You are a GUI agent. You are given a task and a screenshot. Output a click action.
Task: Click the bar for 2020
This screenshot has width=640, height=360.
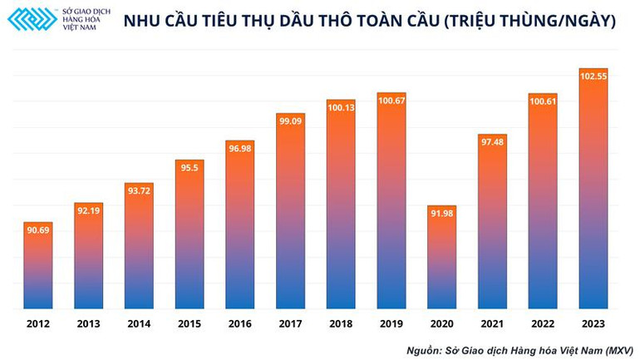441,258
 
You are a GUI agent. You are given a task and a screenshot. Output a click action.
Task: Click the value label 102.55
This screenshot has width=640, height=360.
593,76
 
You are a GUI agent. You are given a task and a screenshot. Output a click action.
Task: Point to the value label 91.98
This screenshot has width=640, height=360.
441,214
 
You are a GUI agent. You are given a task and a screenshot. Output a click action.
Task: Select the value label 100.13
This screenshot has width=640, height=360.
341,107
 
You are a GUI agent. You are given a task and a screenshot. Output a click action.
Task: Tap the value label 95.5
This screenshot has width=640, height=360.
189,167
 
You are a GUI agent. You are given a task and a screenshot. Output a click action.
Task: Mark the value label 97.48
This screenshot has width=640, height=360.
492,141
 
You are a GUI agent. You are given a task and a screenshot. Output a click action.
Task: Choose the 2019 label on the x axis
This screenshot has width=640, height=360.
391,323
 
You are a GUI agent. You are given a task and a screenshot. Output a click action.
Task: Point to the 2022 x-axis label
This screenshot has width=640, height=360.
543,323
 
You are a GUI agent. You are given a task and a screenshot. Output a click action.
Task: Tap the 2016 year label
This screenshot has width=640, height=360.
239,323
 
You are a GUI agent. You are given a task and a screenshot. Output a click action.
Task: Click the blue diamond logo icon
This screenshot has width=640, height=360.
32,19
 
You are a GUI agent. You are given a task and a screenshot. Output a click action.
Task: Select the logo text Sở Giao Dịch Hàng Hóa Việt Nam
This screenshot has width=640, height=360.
86,19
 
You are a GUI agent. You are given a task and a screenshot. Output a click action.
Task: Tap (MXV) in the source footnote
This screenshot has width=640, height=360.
616,350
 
